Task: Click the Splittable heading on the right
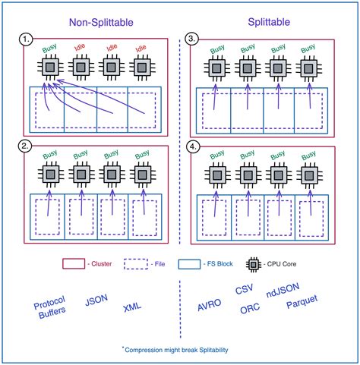click(267, 24)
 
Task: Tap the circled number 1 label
click(26, 37)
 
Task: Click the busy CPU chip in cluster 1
click(50, 68)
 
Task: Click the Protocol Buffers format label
click(49, 306)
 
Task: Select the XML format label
click(134, 309)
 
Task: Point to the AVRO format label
click(210, 306)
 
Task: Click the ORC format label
click(249, 310)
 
